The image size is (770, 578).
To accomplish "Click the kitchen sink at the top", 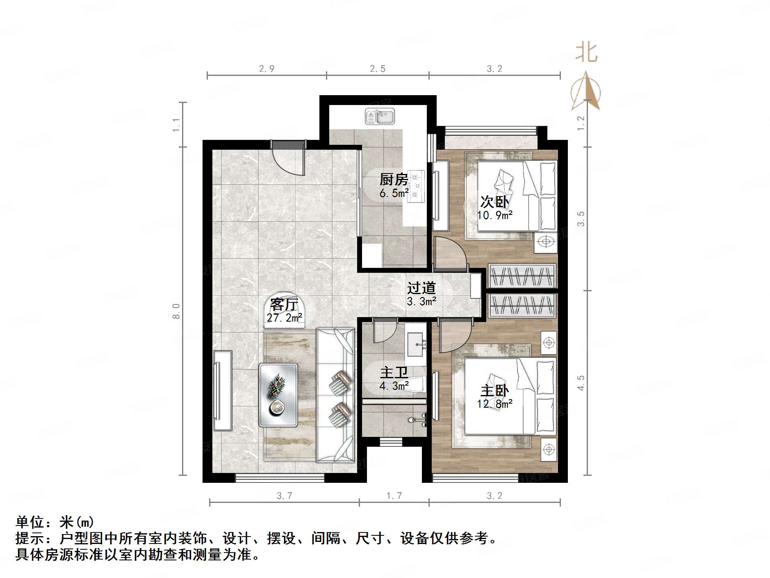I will pyautogui.click(x=380, y=117).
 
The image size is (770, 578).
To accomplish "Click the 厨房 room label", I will pyautogui.click(x=394, y=179).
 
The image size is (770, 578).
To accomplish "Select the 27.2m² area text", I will pyautogui.click(x=285, y=317).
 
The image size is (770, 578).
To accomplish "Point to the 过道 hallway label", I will pyautogui.click(x=421, y=288).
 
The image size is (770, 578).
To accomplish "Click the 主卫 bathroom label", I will pyautogui.click(x=394, y=372).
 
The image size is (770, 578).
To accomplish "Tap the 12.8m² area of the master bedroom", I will pyautogui.click(x=494, y=404).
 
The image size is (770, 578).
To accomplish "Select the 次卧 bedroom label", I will pyautogui.click(x=494, y=202).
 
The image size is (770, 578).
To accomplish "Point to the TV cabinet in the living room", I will pyautogui.click(x=223, y=390).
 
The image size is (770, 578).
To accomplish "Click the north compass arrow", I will pyautogui.click(x=586, y=91).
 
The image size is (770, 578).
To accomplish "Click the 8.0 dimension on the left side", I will pyautogui.click(x=176, y=311).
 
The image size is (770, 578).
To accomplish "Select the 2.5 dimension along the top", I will pyautogui.click(x=378, y=69).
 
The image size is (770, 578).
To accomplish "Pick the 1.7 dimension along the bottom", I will pyautogui.click(x=394, y=496).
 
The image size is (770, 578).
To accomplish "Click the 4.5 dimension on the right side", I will pyautogui.click(x=581, y=383).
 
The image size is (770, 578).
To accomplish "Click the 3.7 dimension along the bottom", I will pyautogui.click(x=284, y=496).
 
